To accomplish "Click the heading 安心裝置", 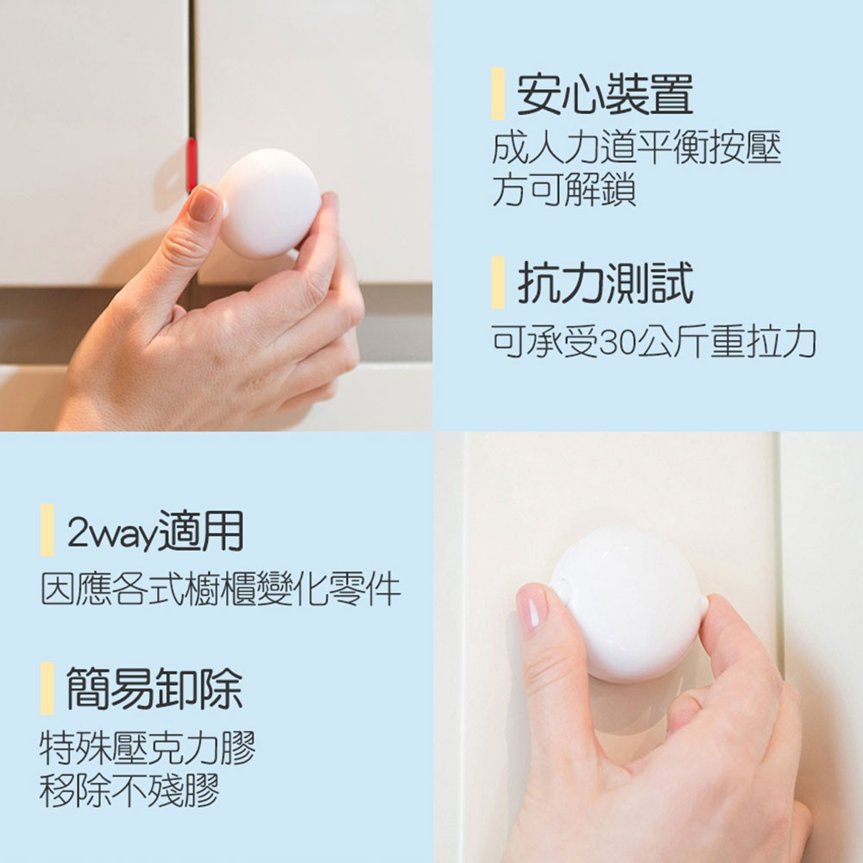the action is (x=605, y=94).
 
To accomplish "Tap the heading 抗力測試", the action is (x=605, y=283).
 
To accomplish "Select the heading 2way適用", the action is (x=155, y=531).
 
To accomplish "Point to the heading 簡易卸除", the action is (x=154, y=689).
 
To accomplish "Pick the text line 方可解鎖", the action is (x=564, y=189).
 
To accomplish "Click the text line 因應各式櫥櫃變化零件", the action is (x=221, y=589).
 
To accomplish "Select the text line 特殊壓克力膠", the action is (x=148, y=748).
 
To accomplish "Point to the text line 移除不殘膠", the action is (x=129, y=790).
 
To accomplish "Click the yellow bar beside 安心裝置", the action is (x=498, y=93).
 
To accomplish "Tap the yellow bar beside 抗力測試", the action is (x=498, y=282).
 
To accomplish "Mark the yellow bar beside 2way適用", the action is (x=47, y=530).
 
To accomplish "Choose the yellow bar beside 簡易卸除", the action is (x=47, y=689).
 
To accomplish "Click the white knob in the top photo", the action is (x=269, y=203).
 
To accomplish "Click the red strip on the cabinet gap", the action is (x=192, y=164).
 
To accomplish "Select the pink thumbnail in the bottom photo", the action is (x=532, y=607).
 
